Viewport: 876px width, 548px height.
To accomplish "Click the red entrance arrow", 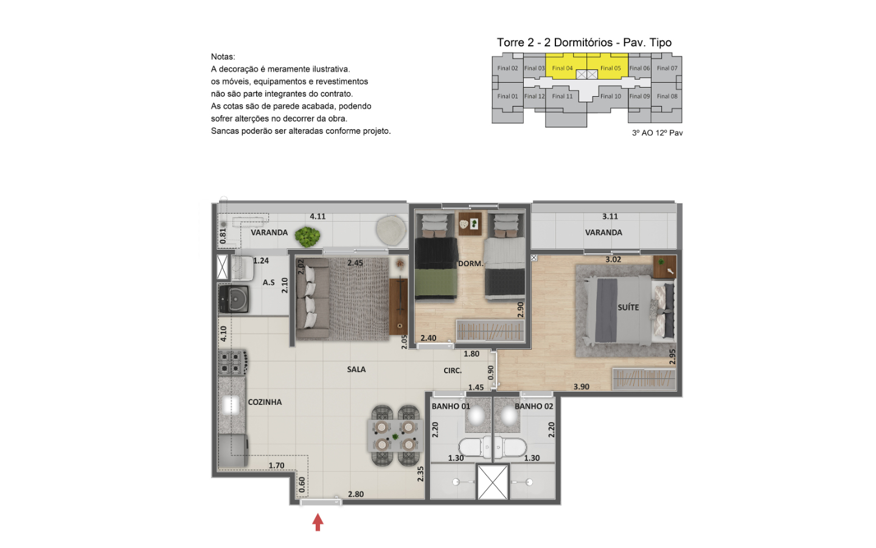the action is [318, 522].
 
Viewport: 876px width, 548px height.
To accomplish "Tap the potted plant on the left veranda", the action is [307, 236].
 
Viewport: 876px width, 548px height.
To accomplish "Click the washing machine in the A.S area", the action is [234, 298].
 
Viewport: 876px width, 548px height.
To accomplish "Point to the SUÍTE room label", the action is [628, 307].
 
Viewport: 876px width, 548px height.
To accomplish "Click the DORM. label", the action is [470, 264].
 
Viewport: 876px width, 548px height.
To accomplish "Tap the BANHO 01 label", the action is [451, 406].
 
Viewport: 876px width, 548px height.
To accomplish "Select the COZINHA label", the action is [265, 402].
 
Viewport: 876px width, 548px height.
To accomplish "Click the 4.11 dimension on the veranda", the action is [318, 217].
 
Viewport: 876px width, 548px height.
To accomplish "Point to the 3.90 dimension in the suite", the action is [581, 387].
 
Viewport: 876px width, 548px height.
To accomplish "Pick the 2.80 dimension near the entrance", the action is [356, 494].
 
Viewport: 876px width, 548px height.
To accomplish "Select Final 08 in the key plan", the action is [667, 96].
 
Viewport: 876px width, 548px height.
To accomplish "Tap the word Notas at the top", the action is [223, 57].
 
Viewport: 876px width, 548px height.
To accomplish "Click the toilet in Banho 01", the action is [474, 448].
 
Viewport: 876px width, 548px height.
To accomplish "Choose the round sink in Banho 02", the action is [509, 416].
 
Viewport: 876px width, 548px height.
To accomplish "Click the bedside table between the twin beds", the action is [470, 223].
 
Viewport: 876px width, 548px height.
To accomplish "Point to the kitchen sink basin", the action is [231, 405].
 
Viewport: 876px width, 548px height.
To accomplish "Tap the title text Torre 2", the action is [515, 42].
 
